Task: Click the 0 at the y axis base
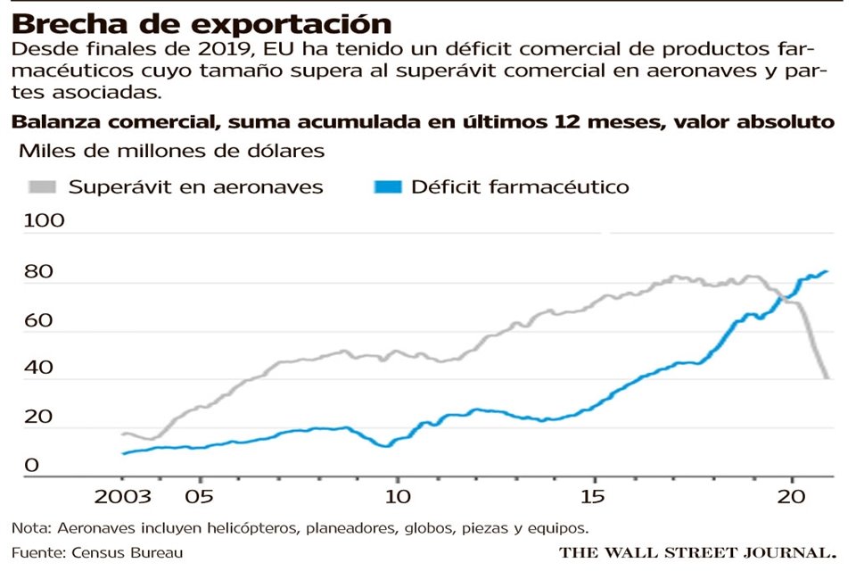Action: tap(30, 465)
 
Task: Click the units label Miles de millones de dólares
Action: tap(171, 151)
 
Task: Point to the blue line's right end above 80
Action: tap(827, 271)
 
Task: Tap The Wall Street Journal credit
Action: tap(697, 552)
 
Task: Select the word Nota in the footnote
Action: tap(29, 526)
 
